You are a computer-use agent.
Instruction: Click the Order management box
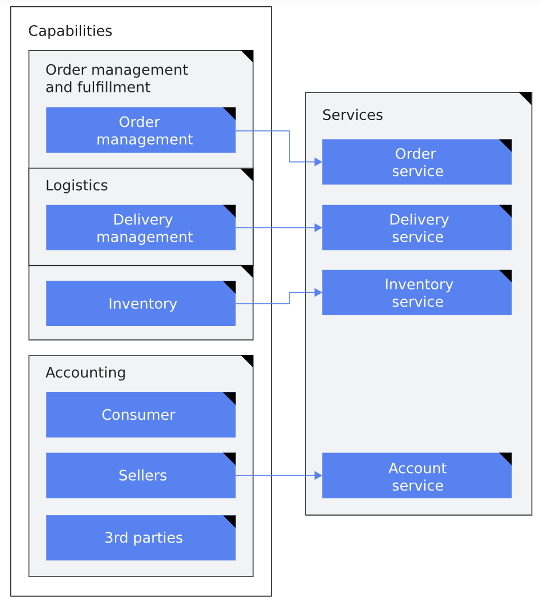pyautogui.click(x=141, y=130)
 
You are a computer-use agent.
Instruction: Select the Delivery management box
pyautogui.click(x=141, y=228)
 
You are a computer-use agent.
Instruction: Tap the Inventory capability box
pyautogui.click(x=141, y=304)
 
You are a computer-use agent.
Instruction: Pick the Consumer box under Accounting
pyautogui.click(x=141, y=415)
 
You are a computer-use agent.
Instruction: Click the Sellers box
pyautogui.click(x=141, y=475)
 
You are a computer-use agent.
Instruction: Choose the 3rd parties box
pyautogui.click(x=141, y=537)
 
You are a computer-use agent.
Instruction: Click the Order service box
pyautogui.click(x=417, y=162)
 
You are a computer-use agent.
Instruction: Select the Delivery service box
pyautogui.click(x=417, y=228)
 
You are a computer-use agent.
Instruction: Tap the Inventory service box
pyautogui.click(x=417, y=293)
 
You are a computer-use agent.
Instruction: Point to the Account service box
pyautogui.click(x=417, y=476)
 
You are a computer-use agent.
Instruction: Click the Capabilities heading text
pyautogui.click(x=70, y=31)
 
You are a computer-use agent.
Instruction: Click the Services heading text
pyautogui.click(x=353, y=115)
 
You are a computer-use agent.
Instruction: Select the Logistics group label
pyautogui.click(x=76, y=185)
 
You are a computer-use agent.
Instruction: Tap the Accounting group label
pyautogui.click(x=86, y=373)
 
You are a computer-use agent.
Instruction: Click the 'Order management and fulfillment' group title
pyautogui.click(x=117, y=79)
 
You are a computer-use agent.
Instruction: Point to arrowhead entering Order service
pyautogui.click(x=318, y=162)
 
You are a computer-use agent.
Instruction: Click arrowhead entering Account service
pyautogui.click(x=318, y=475)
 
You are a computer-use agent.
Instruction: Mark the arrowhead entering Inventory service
pyautogui.click(x=318, y=292)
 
